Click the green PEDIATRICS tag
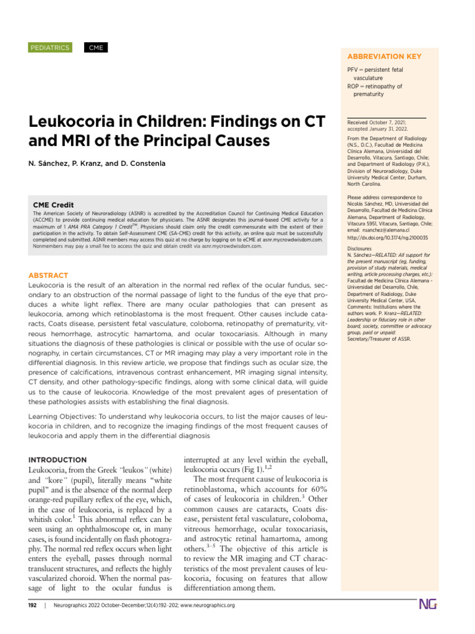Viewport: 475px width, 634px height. tap(50, 48)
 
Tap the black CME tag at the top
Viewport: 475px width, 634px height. tap(95, 48)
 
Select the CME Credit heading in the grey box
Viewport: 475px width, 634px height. tap(53, 205)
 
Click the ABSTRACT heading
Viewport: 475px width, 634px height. tap(48, 275)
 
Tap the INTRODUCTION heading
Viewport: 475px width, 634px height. tap(58, 460)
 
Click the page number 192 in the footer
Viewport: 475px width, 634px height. tap(34, 605)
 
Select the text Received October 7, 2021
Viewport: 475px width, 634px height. tap(380, 123)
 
